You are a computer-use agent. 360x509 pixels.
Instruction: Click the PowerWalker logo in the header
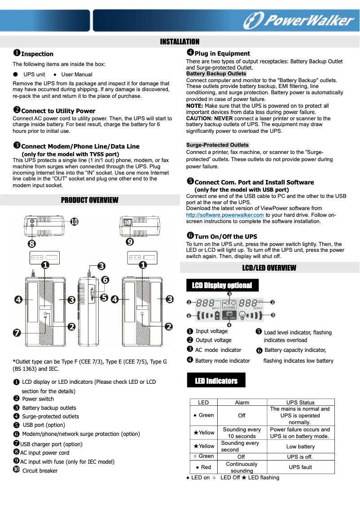coord(299,21)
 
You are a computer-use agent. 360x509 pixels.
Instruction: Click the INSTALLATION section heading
coord(180,42)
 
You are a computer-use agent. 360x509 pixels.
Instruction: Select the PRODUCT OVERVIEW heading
coord(90,200)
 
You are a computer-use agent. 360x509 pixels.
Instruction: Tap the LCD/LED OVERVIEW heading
coord(269,268)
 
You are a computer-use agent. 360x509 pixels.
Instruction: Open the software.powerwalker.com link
coord(225,215)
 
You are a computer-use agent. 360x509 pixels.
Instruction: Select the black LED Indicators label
coord(216,381)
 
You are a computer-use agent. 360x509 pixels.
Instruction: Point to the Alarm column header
coord(242,402)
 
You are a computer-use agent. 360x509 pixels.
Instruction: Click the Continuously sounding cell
coord(241,467)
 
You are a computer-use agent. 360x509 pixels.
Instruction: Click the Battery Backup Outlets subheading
coord(216,74)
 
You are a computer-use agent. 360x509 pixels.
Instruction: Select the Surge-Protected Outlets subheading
coord(217,145)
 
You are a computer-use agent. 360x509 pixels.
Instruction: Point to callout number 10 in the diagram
coord(74,221)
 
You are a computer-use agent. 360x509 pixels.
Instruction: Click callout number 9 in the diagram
coord(130,242)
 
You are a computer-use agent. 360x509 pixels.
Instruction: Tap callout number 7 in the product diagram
coord(17,333)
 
